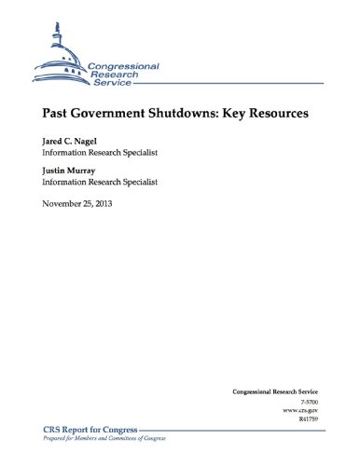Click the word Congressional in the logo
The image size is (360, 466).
pyautogui.click(x=125, y=66)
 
